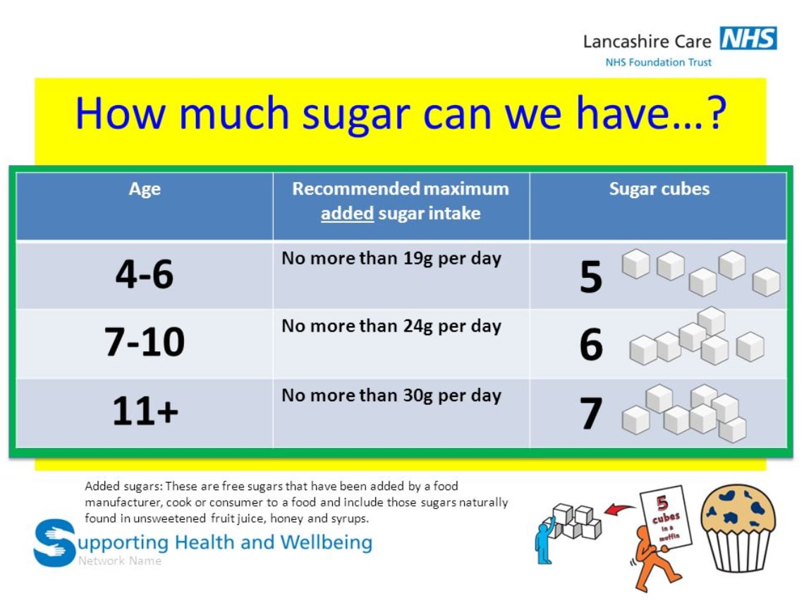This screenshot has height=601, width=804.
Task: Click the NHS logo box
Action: [748, 39]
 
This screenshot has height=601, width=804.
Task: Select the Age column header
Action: [145, 189]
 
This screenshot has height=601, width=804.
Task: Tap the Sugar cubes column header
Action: [659, 189]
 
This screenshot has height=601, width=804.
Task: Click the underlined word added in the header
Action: [347, 213]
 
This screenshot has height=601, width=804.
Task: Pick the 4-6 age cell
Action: [145, 274]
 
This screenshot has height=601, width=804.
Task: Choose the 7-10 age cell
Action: [145, 342]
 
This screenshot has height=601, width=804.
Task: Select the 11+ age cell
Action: [145, 411]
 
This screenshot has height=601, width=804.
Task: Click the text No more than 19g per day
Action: [391, 258]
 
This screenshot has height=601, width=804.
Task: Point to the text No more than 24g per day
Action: [391, 326]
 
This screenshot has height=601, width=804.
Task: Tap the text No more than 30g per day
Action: [391, 395]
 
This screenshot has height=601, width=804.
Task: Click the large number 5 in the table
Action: [591, 277]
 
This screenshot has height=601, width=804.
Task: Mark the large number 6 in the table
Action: [591, 346]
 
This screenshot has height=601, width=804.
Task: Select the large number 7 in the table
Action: [591, 414]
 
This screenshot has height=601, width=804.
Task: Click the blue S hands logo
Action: [54, 542]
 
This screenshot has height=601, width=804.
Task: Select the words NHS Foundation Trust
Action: [658, 62]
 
